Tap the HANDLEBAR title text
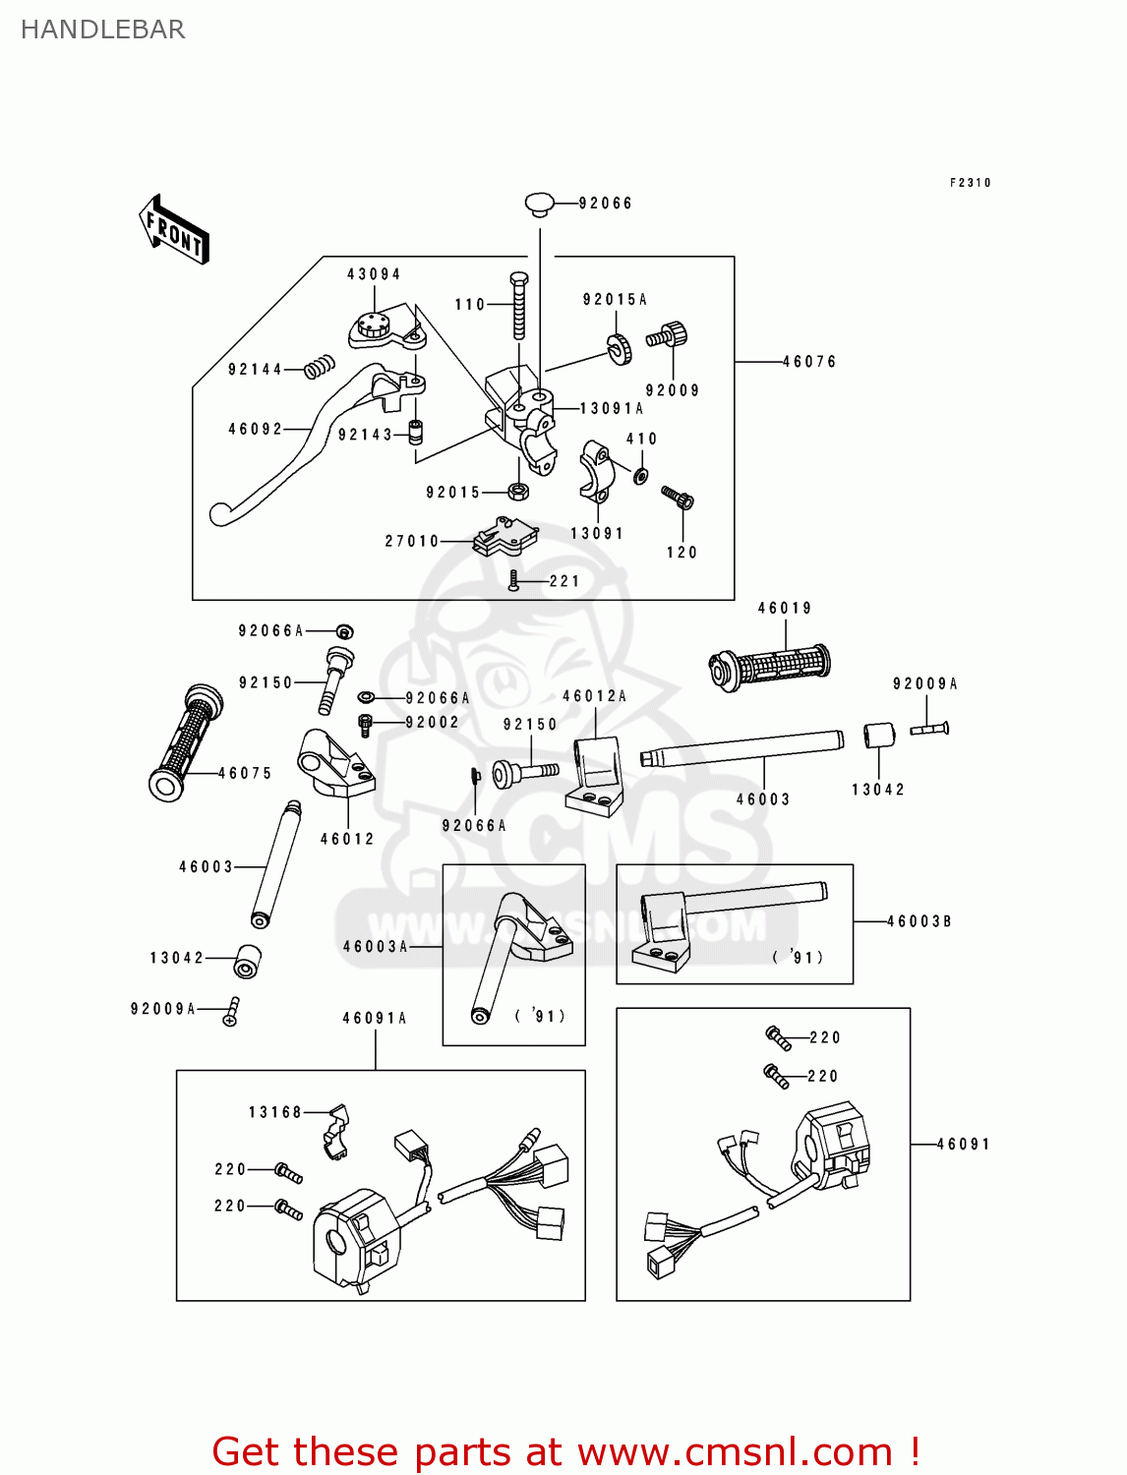coord(102,29)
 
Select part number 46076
coord(809,362)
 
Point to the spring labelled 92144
coord(318,368)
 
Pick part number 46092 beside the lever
coord(255,430)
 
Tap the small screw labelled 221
coord(513,581)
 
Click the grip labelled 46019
coord(770,666)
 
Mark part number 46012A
coord(594,696)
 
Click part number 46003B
coord(919,921)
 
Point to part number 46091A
coord(374,1019)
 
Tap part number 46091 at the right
coord(963,1145)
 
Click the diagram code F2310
coord(971,183)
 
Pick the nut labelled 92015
coord(518,491)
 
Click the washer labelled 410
coord(641,476)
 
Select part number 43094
coord(374,274)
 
